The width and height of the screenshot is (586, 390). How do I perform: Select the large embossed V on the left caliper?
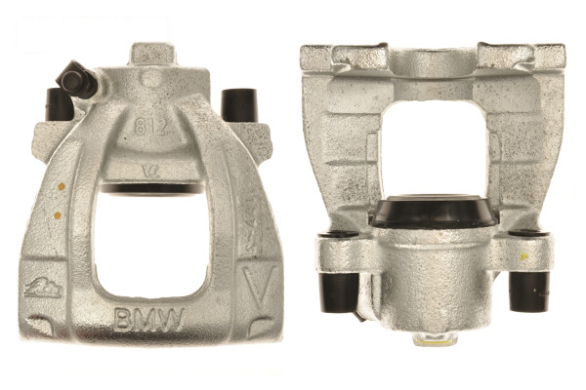click(x=257, y=289)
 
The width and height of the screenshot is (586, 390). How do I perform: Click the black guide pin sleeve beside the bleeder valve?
click(x=59, y=103)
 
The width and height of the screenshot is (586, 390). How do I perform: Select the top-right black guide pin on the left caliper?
click(x=239, y=104)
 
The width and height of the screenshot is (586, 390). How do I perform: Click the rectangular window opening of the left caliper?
click(x=151, y=239)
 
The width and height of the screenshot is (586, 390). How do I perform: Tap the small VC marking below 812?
click(x=149, y=167)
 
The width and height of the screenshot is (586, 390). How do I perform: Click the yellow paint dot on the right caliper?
click(x=524, y=257)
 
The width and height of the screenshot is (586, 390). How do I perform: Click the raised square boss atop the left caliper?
click(x=149, y=54)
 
